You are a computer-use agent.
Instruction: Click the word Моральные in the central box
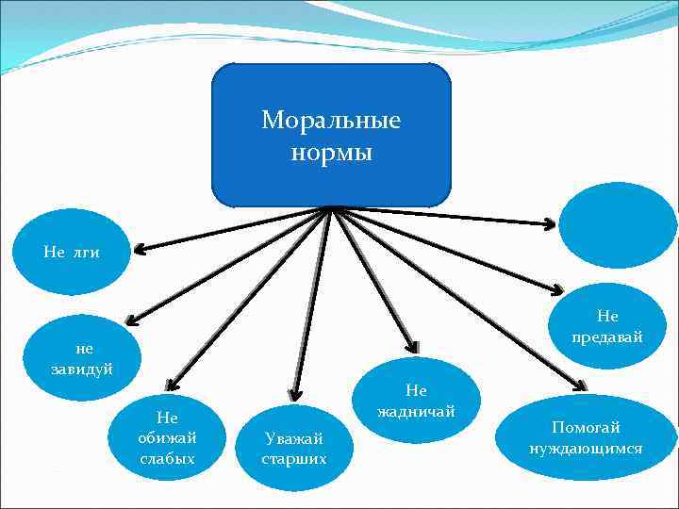[331, 121]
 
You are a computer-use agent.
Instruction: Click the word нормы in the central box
[331, 152]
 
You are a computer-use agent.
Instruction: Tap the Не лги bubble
[72, 252]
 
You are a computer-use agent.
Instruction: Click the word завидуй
[82, 368]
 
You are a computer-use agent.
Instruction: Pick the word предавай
[607, 336]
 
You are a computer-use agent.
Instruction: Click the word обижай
[167, 437]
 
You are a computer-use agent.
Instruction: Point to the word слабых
[167, 458]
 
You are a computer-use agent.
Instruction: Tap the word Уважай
[294, 438]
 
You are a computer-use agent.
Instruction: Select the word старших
[294, 459]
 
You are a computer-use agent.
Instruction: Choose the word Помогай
[586, 428]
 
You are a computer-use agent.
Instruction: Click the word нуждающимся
[586, 449]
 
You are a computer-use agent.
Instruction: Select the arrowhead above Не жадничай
[410, 345]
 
